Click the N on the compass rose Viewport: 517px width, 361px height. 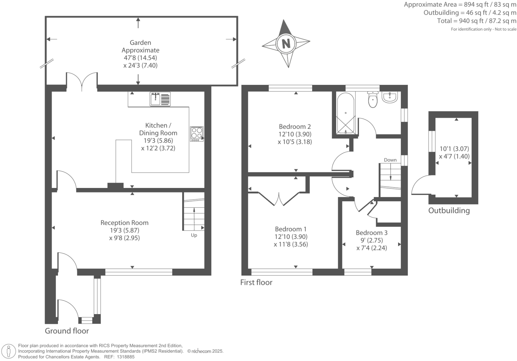(x=286, y=43)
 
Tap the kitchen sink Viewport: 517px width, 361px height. (x=160, y=99)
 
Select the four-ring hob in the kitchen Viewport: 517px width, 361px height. (x=197, y=134)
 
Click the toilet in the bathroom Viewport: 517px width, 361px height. (x=373, y=99)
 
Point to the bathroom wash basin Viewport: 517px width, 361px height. (x=390, y=97)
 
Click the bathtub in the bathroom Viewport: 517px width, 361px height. (x=345, y=113)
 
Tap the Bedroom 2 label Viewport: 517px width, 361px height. (x=295, y=126)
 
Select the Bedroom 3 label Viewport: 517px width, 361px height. (x=372, y=233)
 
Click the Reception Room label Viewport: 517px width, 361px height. (x=124, y=223)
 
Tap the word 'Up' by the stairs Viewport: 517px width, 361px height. (x=194, y=235)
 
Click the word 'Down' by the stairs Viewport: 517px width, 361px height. (x=390, y=160)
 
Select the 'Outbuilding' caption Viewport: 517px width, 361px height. (x=449, y=211)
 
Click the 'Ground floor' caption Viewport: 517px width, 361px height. (x=67, y=331)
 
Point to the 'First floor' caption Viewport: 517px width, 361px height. (x=256, y=282)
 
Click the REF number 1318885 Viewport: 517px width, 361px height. (x=126, y=357)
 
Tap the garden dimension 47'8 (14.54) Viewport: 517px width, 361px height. (x=140, y=58)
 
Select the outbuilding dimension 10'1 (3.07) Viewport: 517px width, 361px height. (x=454, y=149)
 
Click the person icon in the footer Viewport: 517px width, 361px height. (x=9, y=351)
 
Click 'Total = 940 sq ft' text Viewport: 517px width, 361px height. (x=460, y=21)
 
